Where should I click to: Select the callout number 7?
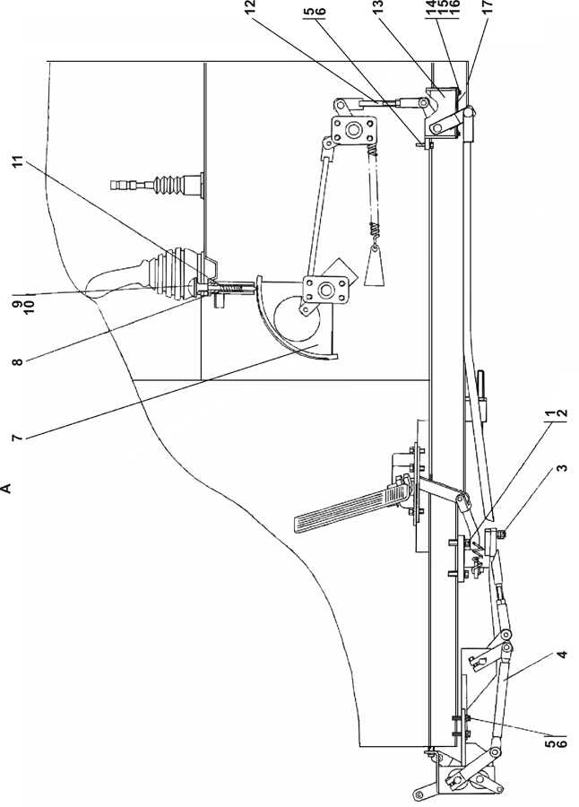17,438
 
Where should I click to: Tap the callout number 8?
17,362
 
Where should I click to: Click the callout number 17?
488,6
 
